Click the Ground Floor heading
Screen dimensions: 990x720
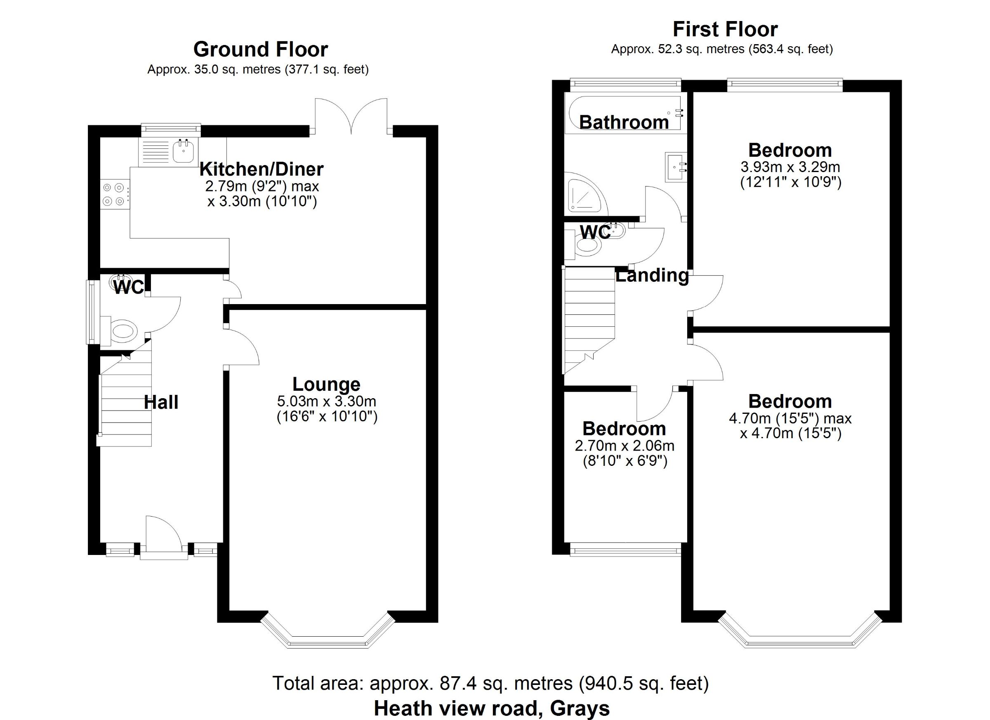[261, 50]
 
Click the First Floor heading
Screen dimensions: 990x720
[725, 29]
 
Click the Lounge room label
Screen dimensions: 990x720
[326, 384]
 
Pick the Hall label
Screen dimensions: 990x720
[161, 402]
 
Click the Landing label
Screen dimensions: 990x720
[652, 276]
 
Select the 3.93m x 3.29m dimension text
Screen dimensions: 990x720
[790, 167]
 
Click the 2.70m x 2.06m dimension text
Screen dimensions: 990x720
[625, 446]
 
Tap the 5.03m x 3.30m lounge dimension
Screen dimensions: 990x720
[327, 401]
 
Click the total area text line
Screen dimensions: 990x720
[490, 683]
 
